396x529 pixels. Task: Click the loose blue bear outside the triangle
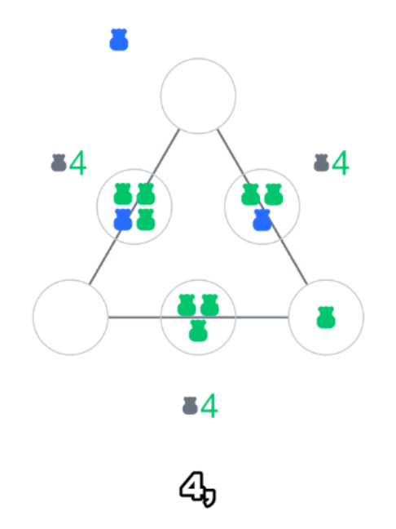tap(119, 39)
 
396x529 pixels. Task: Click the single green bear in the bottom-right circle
tap(326, 318)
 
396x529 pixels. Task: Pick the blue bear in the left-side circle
tap(122, 220)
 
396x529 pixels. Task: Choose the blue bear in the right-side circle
tap(262, 220)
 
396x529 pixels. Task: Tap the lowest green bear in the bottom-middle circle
tap(198, 331)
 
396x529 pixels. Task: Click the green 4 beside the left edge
tap(77, 162)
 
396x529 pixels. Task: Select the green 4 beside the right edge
tap(340, 162)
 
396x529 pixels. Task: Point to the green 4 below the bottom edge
tap(209, 405)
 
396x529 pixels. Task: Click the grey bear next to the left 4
tap(59, 162)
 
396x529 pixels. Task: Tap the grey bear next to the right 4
tap(321, 162)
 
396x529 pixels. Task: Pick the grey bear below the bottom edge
tap(190, 406)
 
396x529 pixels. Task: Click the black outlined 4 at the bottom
tap(191, 487)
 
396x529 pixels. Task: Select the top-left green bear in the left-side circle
tap(122, 194)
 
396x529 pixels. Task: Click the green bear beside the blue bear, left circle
tap(146, 220)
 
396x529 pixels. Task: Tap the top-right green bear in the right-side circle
tap(274, 194)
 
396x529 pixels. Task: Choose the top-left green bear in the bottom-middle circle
tap(187, 305)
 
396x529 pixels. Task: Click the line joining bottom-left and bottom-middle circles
tap(134, 317)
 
